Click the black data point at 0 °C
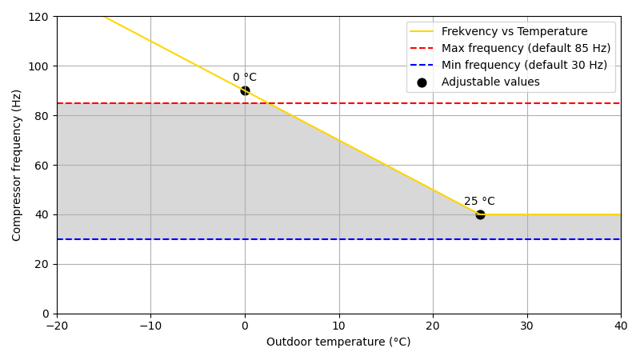pos(245,90)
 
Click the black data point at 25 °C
pos(480,214)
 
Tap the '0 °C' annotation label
pos(245,78)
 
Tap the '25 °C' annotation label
pos(479,202)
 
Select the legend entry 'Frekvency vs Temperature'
pos(514,32)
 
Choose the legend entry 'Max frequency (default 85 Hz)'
pos(526,49)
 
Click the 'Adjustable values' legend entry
pos(490,82)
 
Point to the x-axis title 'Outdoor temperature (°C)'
pos(338,342)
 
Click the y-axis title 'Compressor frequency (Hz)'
pos(17,165)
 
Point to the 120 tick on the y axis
pos(38,17)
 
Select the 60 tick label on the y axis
pos(42,165)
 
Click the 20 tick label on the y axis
pos(42,264)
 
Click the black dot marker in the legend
pos(422,82)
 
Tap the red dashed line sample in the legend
pos(422,49)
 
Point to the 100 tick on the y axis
pos(38,66)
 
